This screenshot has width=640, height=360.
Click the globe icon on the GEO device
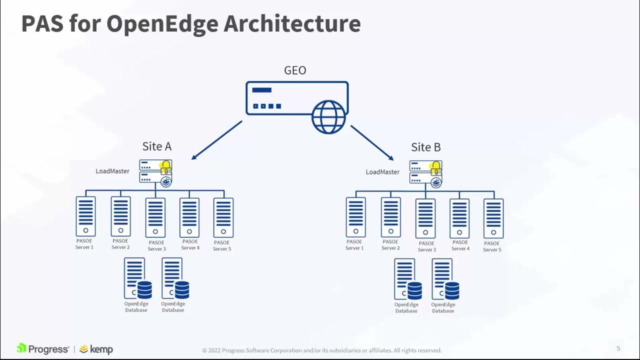tap(328, 117)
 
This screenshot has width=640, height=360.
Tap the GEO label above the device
tap(295, 70)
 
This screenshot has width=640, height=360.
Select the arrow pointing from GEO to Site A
tap(216, 140)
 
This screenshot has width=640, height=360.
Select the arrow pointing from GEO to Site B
tap(372, 142)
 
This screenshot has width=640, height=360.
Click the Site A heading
tap(157, 146)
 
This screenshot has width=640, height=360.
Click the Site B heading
tap(426, 147)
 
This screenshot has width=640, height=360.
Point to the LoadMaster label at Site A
tap(112, 171)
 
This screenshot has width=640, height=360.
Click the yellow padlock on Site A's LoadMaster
tap(165, 167)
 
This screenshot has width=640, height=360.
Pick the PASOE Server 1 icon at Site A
tap(85, 216)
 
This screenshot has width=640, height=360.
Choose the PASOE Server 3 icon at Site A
tap(155, 217)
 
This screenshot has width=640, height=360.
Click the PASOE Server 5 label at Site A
tap(222, 245)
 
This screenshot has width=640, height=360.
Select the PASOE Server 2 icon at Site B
tap(390, 217)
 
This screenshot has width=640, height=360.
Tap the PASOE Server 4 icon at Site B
tap(459, 218)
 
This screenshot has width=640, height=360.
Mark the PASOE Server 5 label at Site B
tap(492, 246)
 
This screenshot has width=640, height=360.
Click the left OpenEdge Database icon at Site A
tap(136, 278)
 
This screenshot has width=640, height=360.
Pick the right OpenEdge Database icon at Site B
tap(444, 279)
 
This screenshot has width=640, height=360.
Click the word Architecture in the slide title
tap(292, 24)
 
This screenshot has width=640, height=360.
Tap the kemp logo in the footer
tap(96, 349)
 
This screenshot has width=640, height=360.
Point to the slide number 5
tap(618, 348)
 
